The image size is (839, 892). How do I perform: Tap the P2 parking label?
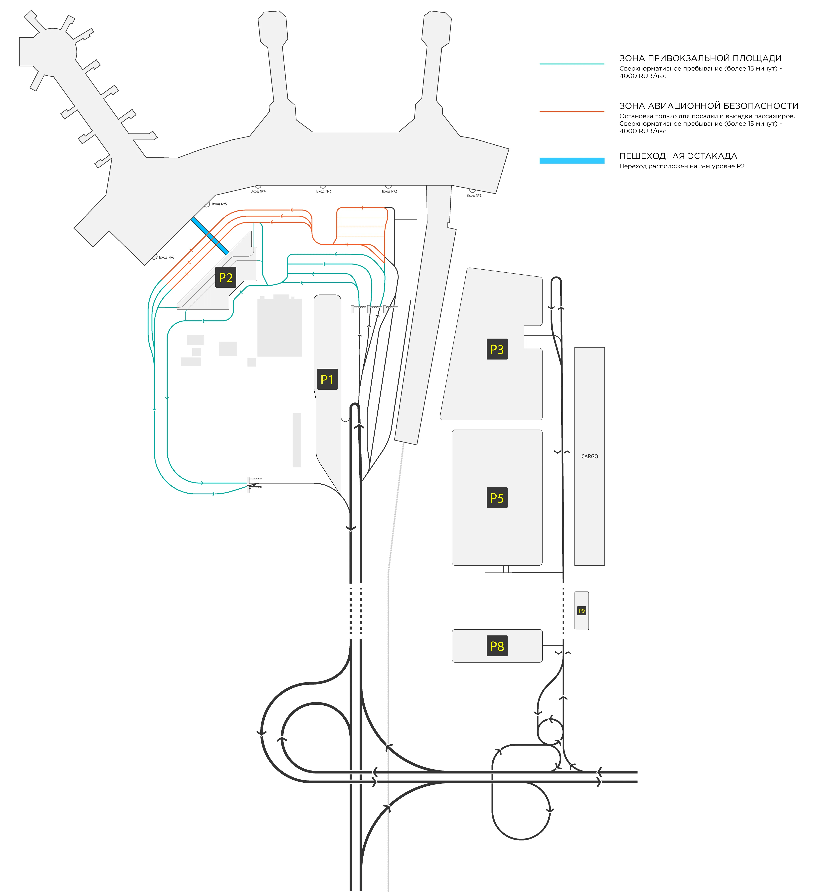(x=226, y=277)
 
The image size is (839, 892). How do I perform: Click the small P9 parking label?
(x=582, y=611)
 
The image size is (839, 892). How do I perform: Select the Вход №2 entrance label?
(x=389, y=191)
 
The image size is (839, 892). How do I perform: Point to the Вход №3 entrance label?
(x=323, y=191)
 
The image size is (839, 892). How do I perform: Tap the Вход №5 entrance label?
(x=219, y=204)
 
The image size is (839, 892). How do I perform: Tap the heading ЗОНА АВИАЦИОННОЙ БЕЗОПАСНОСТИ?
(x=708, y=106)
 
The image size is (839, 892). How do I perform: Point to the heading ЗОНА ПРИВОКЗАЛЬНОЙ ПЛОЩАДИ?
(x=700, y=58)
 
